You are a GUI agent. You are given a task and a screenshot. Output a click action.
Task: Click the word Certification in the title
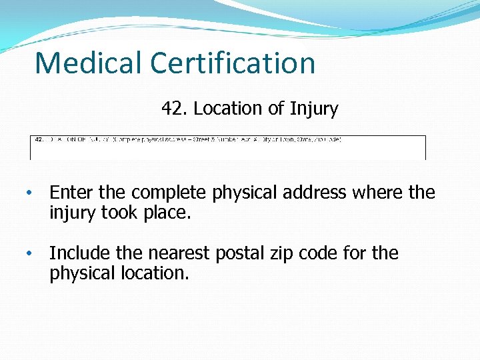233,63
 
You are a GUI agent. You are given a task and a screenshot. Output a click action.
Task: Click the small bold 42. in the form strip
39,139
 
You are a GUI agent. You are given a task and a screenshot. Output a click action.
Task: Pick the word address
316,193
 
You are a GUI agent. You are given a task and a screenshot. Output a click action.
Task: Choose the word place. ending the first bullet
167,213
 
